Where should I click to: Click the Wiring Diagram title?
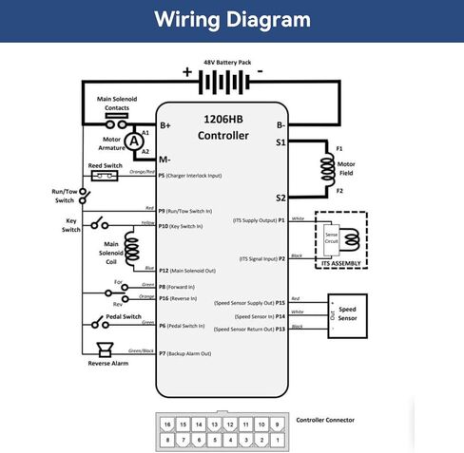pos(231,20)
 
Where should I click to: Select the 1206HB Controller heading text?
pos(222,128)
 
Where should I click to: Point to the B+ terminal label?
pos(165,125)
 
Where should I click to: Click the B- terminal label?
pos(280,125)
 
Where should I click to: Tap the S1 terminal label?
pos(280,142)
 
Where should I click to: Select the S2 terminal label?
pos(280,198)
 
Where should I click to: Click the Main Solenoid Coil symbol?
pos(131,248)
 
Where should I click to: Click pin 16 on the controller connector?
pos(167,424)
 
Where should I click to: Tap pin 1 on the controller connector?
pos(278,439)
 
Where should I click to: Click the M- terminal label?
pos(165,159)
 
